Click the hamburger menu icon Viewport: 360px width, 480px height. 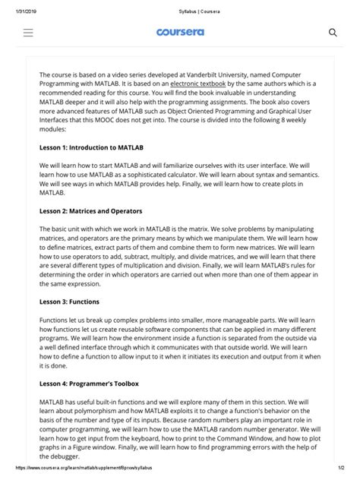coord(29,33)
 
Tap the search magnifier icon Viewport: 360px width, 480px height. coord(332,33)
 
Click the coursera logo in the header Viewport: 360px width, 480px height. coord(179,33)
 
